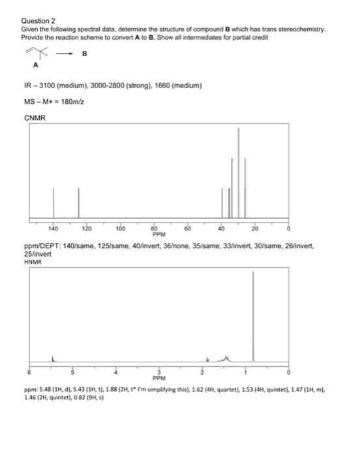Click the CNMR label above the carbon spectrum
[x=33, y=118]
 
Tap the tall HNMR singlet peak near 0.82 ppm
[x=253, y=313]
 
